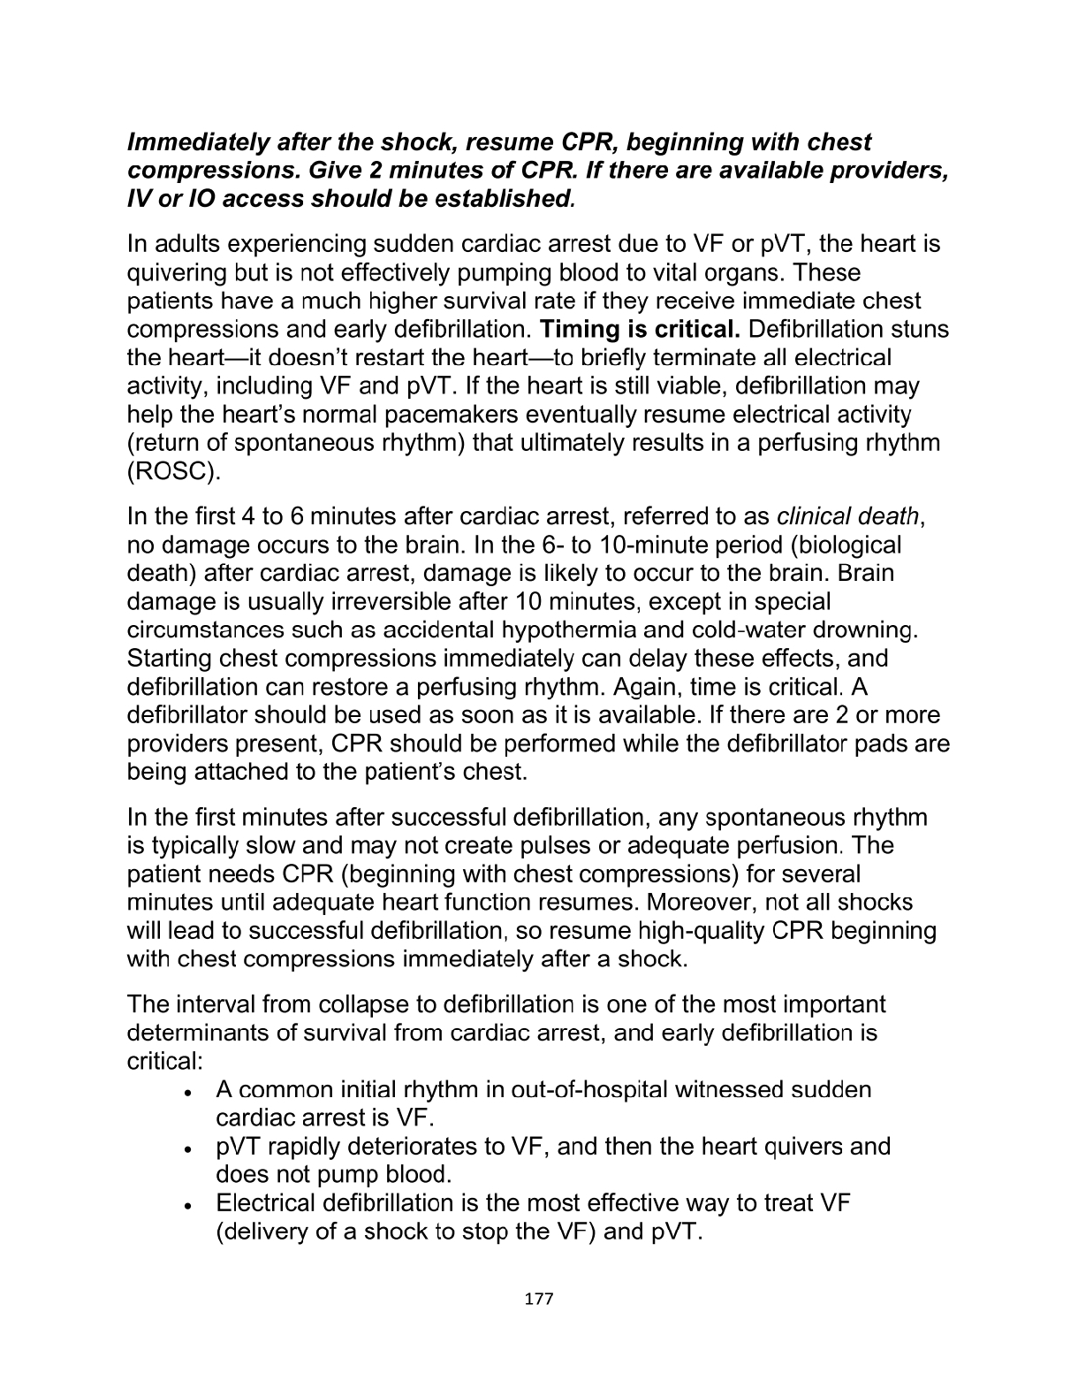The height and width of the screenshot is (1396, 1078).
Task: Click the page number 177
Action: click(x=538, y=1299)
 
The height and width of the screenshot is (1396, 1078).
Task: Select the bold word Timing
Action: click(x=579, y=330)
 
